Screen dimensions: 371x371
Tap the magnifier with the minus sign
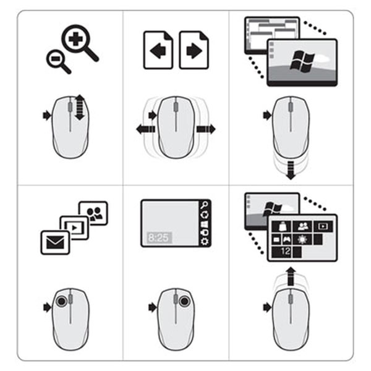55,60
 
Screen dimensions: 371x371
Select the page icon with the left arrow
158,50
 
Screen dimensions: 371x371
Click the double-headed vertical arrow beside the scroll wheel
79,107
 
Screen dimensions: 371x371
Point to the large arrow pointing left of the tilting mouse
145,129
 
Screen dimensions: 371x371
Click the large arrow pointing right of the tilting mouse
206,129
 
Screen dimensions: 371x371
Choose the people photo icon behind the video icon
95,213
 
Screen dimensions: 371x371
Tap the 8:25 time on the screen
160,236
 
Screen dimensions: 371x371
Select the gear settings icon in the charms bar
205,241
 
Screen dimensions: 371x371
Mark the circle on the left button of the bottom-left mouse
62,301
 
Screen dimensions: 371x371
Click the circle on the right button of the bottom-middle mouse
185,301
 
